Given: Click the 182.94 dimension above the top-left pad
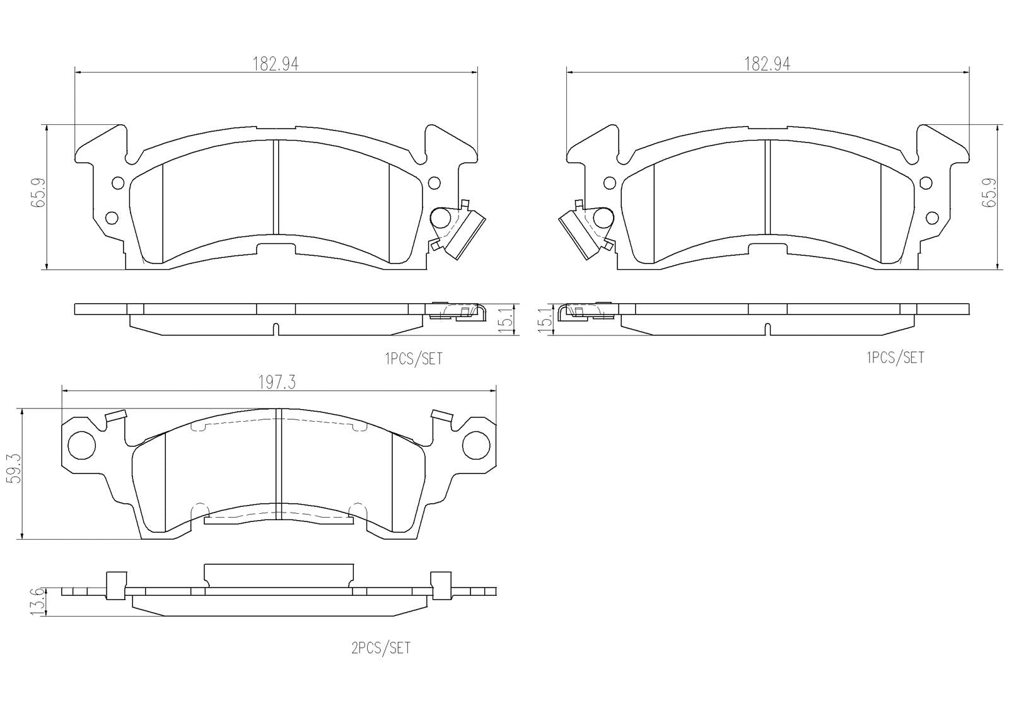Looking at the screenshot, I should [x=275, y=64].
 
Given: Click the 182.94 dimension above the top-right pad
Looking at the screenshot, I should [x=767, y=64].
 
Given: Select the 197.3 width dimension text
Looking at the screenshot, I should [x=277, y=382].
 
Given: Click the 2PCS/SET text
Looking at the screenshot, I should [x=381, y=648].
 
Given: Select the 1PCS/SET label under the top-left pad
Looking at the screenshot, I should [x=414, y=359].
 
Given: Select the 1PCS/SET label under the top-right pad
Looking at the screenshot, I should [x=895, y=357].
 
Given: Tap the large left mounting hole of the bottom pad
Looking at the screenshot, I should [x=81, y=445].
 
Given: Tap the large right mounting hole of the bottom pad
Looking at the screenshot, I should [x=476, y=445].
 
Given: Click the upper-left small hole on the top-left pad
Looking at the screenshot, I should [x=117, y=183].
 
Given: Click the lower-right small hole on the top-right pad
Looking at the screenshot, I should [x=933, y=218].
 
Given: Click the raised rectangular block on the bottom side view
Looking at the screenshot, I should [x=278, y=572].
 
